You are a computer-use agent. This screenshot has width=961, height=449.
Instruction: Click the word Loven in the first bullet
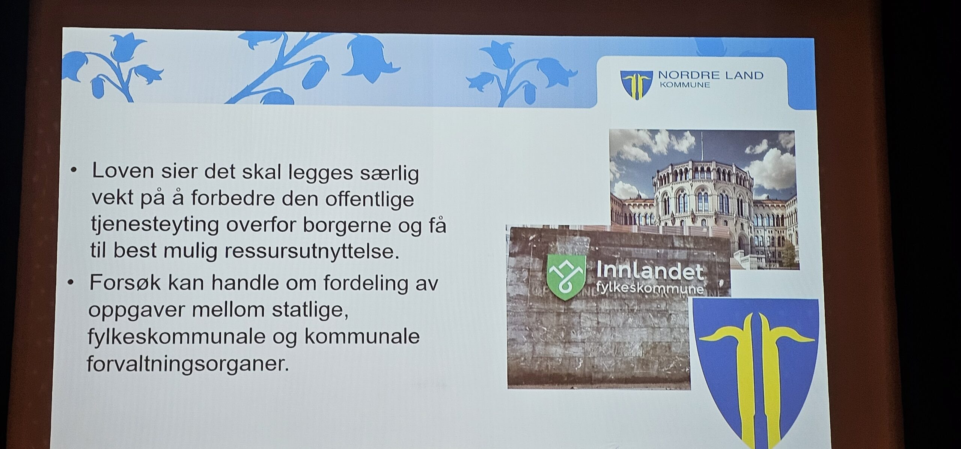pos(123,171)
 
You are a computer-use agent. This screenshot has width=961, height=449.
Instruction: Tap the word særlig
pos(389,174)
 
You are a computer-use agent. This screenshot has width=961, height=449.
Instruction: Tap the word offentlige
pos(369,199)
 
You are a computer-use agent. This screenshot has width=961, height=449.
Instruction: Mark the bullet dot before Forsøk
pos(71,283)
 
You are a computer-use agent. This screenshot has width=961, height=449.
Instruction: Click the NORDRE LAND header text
pos(711,75)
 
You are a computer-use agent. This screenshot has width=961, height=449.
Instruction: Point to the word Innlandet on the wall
pos(650,270)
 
